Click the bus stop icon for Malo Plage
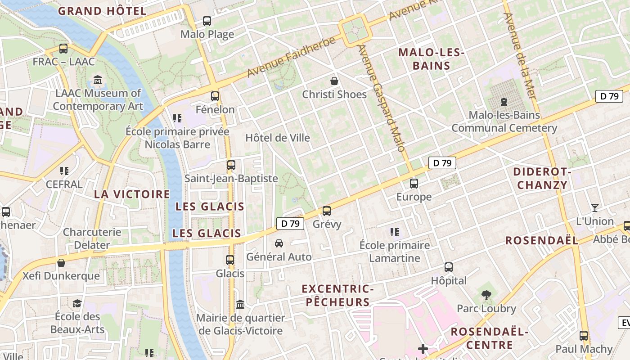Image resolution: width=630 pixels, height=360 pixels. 207,21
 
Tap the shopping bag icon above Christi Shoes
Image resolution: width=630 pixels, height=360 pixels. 334,81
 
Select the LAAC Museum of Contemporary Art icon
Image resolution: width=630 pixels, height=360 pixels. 98,81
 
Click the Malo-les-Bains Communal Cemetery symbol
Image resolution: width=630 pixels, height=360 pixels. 504,102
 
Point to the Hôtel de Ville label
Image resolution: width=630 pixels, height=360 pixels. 278,138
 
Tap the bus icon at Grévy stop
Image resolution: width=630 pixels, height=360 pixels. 327,211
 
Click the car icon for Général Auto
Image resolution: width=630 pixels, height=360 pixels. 279,243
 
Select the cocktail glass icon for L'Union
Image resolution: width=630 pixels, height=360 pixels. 595,208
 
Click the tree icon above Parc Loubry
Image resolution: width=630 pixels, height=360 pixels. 486,295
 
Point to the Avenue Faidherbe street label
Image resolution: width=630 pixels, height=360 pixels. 292,57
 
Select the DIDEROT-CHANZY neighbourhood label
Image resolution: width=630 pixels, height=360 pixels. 542,178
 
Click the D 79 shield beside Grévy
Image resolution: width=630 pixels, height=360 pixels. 290,224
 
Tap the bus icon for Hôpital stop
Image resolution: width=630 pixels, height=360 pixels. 449,267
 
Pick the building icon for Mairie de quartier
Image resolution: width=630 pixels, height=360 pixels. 240,305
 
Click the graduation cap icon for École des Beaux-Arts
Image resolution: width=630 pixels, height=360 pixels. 77,303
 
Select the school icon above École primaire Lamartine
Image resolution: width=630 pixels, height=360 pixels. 395,232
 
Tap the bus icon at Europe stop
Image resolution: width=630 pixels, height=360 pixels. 414,184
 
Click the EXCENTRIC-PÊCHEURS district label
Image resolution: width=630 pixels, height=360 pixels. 338,295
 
